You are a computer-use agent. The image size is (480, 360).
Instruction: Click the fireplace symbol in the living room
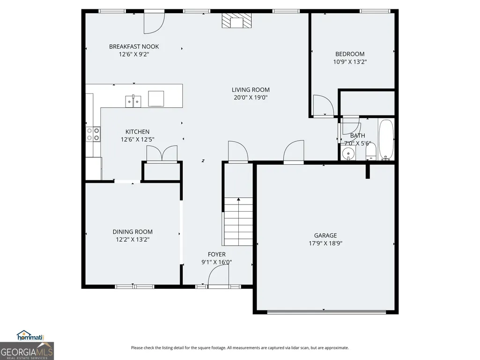pos(236,21)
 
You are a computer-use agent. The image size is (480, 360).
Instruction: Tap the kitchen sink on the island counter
pos(133,101)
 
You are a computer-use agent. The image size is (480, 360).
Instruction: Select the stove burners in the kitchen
pos(93,134)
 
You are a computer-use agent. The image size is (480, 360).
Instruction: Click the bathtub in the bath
pos(386,140)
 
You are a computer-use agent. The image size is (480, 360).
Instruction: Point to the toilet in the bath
pos(371,152)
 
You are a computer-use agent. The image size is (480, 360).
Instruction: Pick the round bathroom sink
pos(348,154)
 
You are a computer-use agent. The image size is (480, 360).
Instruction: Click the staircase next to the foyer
pos(238,221)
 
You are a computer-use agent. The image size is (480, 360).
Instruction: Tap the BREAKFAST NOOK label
pos(134,46)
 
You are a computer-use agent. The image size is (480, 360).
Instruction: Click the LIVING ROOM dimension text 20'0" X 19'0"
pos(251,98)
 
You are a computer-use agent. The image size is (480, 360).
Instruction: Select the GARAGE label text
pos(325,235)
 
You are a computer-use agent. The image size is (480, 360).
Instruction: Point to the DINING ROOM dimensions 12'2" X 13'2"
pos(133,240)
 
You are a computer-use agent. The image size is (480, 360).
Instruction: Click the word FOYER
pos(217,254)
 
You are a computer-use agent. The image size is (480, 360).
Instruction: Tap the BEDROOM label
pos(350,54)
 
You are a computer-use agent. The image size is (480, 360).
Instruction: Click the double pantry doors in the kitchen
pos(162,153)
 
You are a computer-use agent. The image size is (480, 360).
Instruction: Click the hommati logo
pos(30,336)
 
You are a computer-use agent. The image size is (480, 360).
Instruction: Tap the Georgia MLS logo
pos(27,351)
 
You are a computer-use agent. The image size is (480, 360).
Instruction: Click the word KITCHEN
pos(138,132)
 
